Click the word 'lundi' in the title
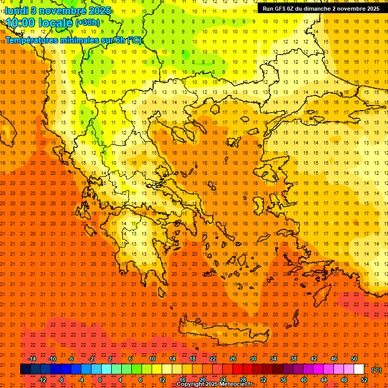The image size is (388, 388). point(17,10)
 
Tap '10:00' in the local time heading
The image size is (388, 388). point(23,23)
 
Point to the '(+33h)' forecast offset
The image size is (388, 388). point(87,23)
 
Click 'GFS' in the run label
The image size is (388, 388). point(281,9)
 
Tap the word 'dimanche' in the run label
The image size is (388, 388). point(318,9)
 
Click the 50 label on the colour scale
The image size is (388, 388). point(354,359)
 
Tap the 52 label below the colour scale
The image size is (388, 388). point(364,380)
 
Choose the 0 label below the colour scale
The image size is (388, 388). point(101,380)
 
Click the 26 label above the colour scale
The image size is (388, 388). point(233,359)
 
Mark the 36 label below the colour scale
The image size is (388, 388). point(283,380)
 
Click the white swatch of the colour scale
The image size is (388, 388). point(359,369)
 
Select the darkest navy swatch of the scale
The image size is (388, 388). point(25,369)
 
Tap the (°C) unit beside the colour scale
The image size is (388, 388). point(376,370)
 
